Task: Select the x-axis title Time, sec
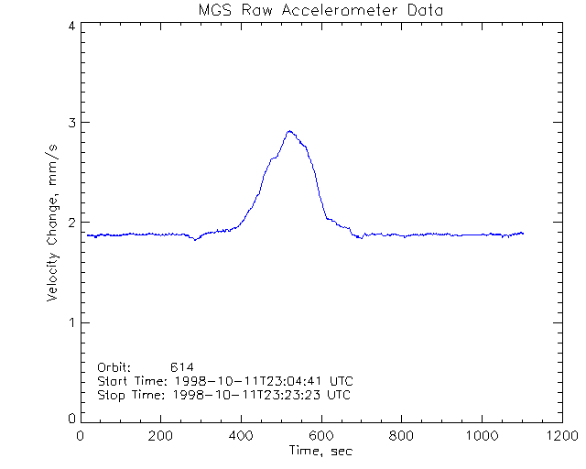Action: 320,451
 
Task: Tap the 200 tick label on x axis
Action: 161,437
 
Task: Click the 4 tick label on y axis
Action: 71,27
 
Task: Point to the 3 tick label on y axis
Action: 71,123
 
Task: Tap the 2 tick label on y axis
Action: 71,223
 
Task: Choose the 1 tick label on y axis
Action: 71,322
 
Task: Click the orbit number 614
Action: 182,367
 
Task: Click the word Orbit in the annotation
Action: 114,367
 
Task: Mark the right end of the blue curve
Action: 523,233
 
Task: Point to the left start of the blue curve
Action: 88,235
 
